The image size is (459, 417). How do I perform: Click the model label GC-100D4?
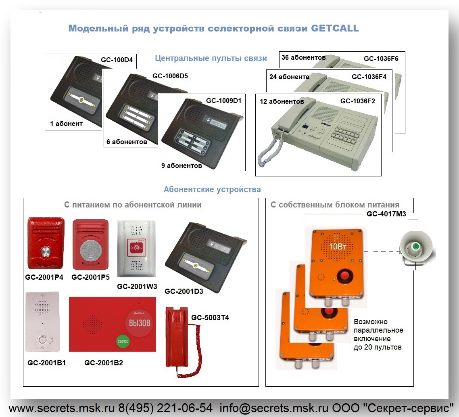[x=117, y=60]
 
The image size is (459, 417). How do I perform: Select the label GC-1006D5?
[x=170, y=76]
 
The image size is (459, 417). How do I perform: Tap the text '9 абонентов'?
[x=182, y=166]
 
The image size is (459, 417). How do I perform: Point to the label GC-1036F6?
[x=381, y=59]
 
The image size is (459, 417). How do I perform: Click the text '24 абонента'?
[x=289, y=77]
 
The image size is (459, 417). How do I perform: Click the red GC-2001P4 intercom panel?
[x=45, y=243]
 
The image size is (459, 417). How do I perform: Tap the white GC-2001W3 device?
[x=136, y=249]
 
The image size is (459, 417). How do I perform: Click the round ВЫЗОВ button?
[x=139, y=323]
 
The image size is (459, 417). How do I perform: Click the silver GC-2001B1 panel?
[x=42, y=321]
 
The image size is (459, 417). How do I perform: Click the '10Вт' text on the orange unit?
[x=338, y=247]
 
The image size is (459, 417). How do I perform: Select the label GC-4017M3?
[x=386, y=214]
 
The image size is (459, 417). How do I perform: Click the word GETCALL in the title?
[x=335, y=28]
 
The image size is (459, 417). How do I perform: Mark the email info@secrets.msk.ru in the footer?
[x=274, y=408]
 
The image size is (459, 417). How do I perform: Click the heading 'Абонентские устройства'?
[x=212, y=189]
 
